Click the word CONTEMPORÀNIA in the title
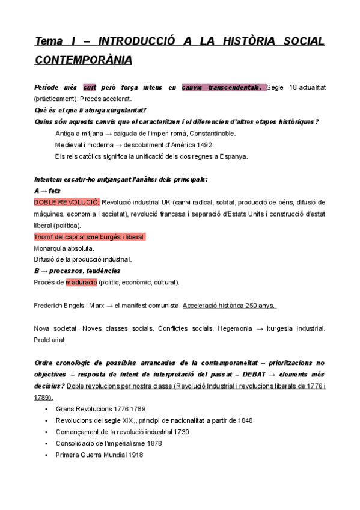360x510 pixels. (x=84, y=60)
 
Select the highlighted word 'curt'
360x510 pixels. (x=90, y=87)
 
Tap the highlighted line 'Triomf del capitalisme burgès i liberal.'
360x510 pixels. (x=90, y=237)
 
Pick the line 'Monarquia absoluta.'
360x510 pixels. (x=64, y=248)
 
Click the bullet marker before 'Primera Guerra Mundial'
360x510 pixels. (x=46, y=455)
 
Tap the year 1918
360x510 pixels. (x=135, y=455)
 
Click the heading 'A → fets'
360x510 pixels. (x=47, y=191)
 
